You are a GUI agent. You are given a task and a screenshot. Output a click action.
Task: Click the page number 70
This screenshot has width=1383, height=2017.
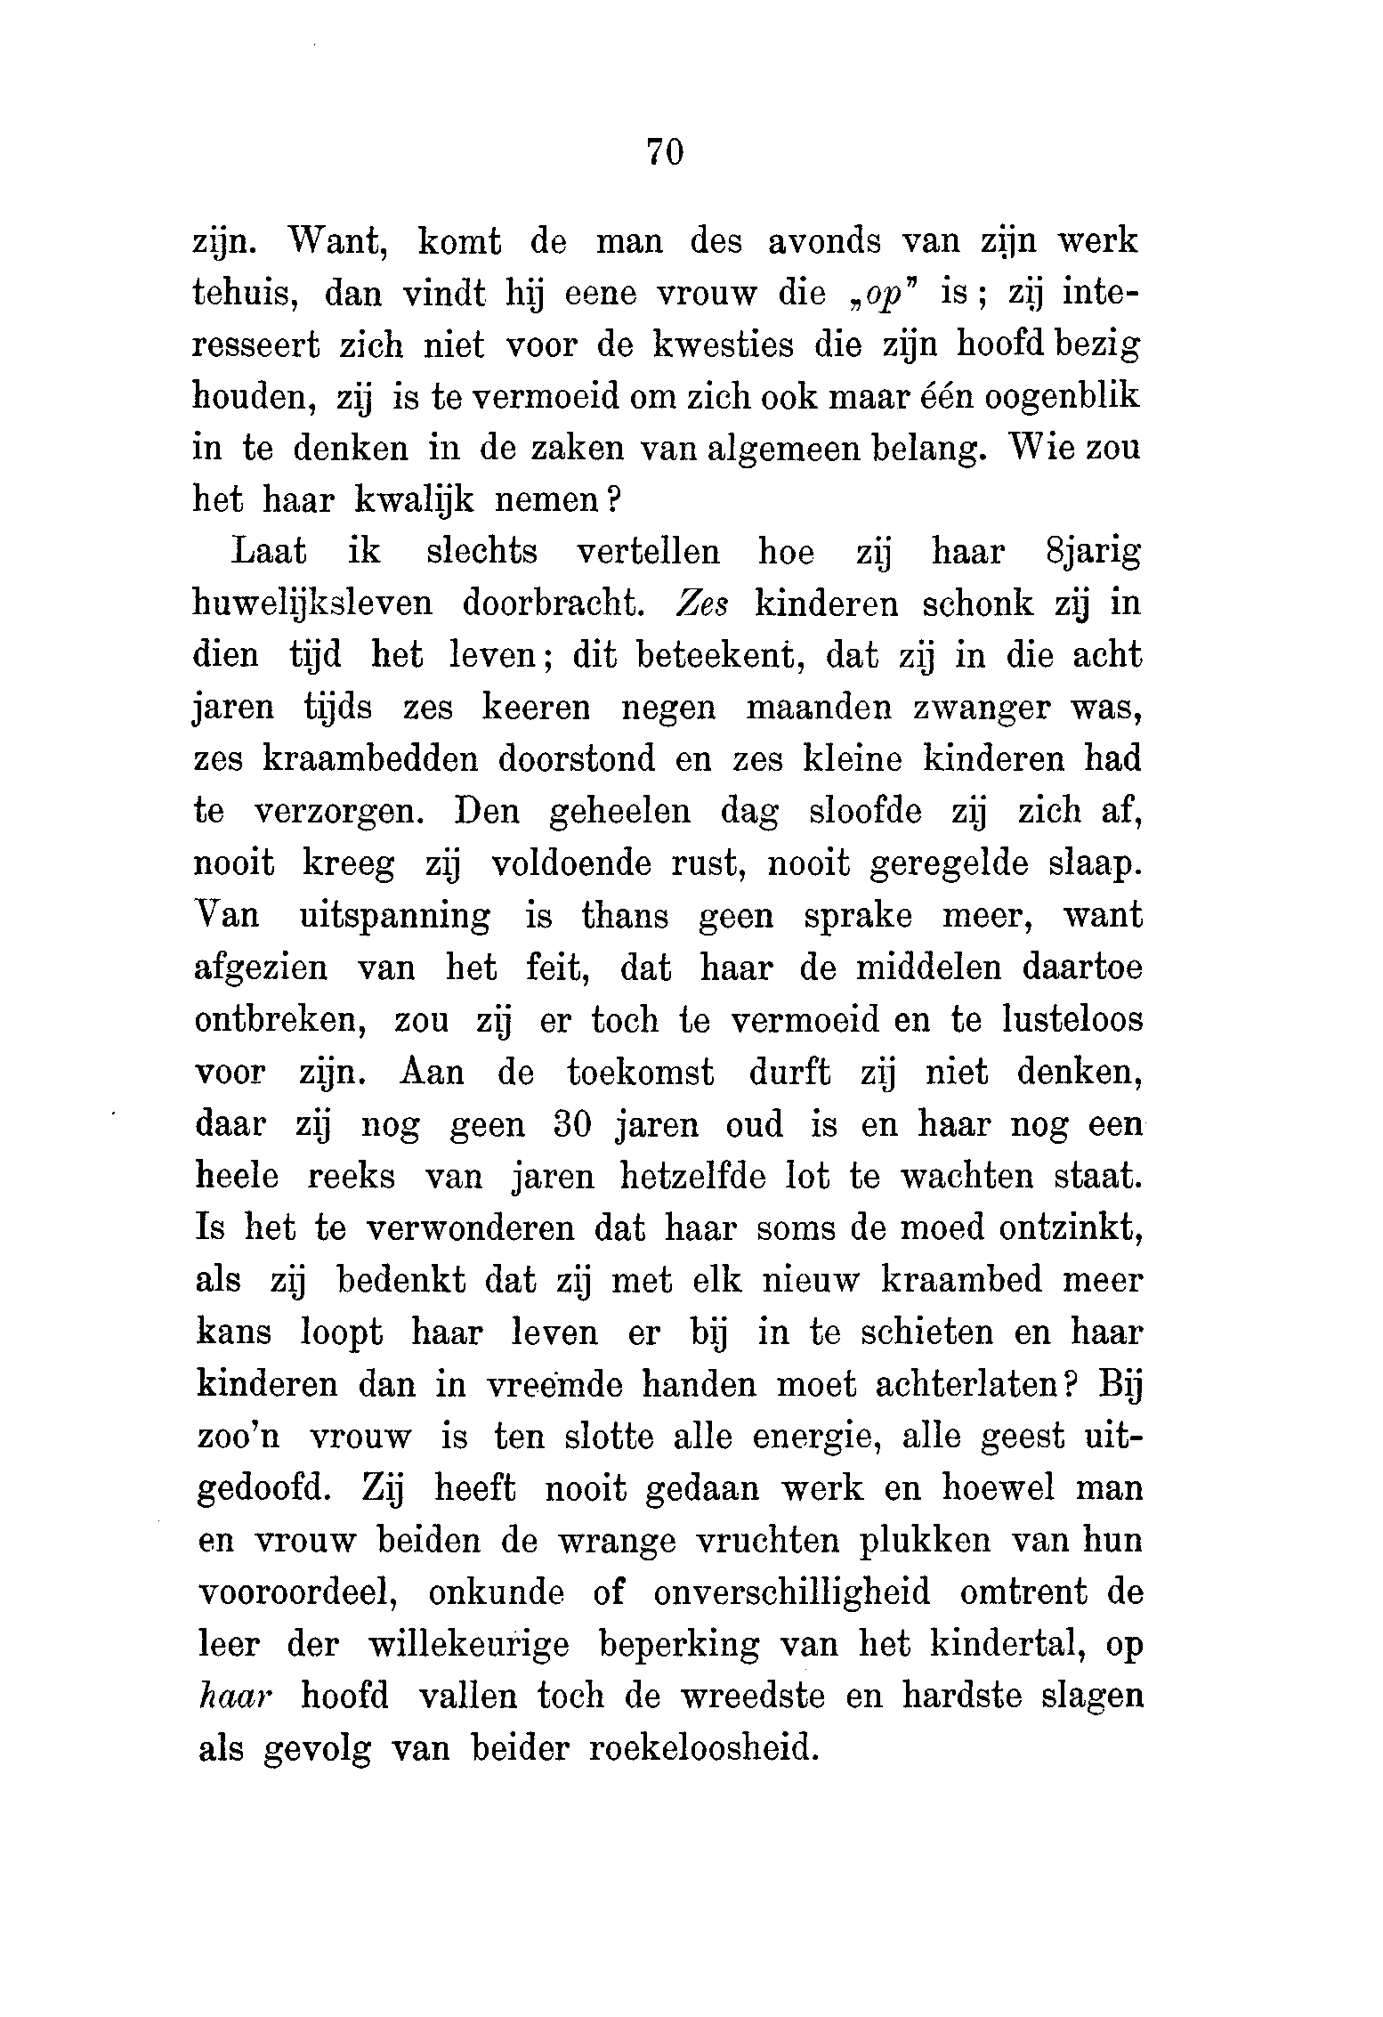(665, 152)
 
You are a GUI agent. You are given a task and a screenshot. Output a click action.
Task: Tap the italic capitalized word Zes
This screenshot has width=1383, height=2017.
(703, 604)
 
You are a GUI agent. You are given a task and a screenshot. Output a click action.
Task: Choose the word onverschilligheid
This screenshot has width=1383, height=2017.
(792, 1593)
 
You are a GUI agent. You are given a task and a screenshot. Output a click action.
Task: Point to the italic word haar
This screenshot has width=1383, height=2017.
(229, 1697)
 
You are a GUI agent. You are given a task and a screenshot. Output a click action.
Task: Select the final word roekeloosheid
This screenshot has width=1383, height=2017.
(703, 1750)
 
